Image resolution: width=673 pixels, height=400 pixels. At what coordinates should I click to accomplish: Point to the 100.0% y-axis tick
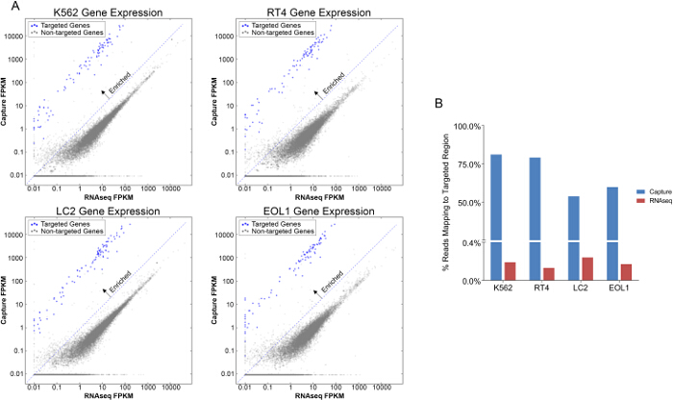point(464,126)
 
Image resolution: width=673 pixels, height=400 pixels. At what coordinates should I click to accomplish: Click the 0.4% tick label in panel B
point(467,241)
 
